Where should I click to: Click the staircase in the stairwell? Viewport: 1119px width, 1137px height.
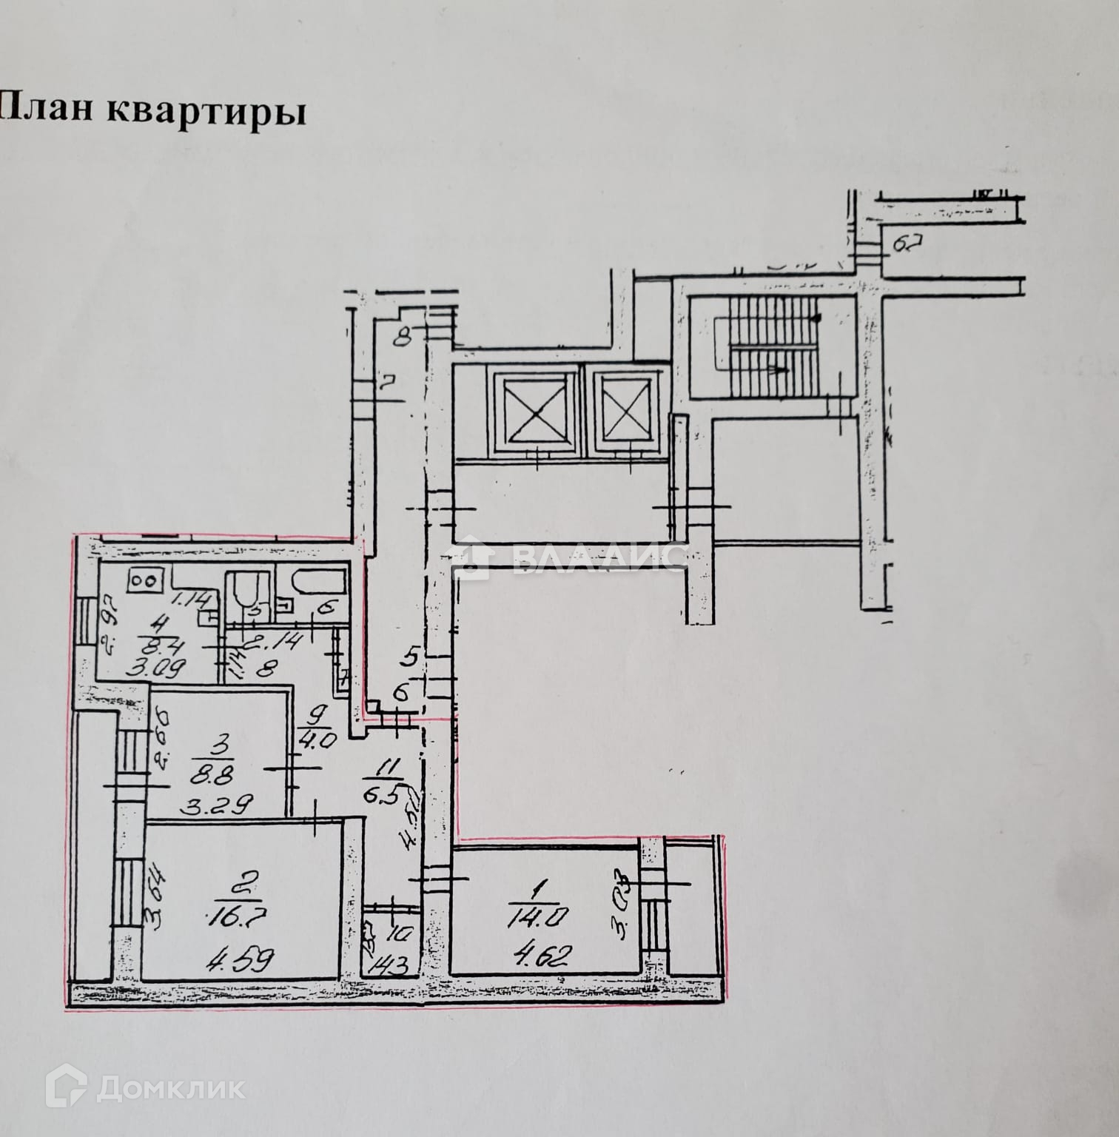[x=773, y=346]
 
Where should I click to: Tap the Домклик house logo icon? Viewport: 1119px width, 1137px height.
[x=67, y=1088]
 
